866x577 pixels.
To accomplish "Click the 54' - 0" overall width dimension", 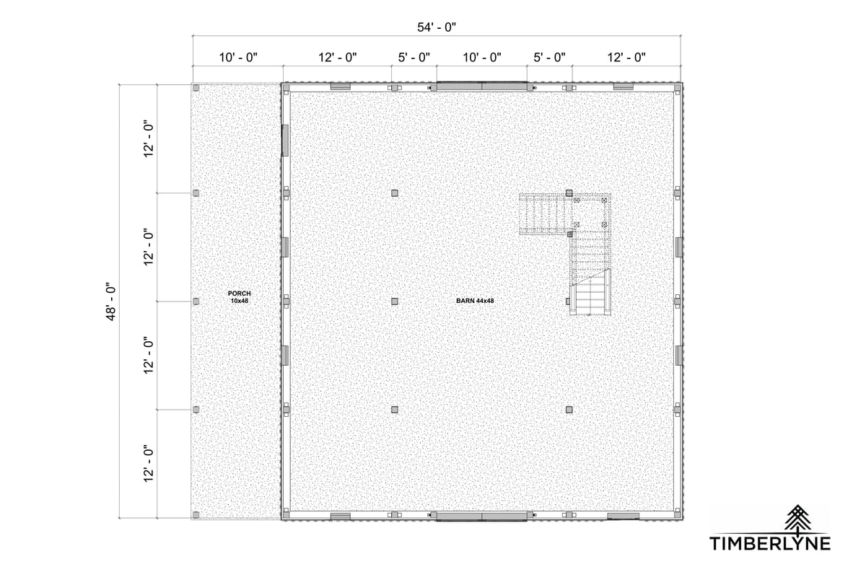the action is pyautogui.click(x=437, y=27).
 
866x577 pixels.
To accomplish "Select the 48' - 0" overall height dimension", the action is pyautogui.click(x=111, y=303).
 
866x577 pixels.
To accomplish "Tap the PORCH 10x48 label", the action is pyautogui.click(x=240, y=297).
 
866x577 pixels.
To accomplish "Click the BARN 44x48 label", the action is pyautogui.click(x=475, y=301).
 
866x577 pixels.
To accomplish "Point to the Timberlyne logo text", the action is pyautogui.click(x=770, y=543).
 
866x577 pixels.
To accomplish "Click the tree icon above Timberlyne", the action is pyautogui.click(x=797, y=518).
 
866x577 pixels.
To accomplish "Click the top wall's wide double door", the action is pyautogui.click(x=482, y=86).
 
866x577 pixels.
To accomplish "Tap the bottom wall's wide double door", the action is pyautogui.click(x=482, y=516).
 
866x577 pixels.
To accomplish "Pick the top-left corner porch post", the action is pyautogui.click(x=196, y=88).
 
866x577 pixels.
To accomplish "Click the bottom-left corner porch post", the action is pyautogui.click(x=196, y=515).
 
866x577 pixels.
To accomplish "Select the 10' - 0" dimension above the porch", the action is pyautogui.click(x=238, y=58).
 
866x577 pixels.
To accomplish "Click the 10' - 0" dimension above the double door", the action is pyautogui.click(x=482, y=58).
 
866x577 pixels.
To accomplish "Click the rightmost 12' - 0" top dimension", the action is pyautogui.click(x=626, y=58).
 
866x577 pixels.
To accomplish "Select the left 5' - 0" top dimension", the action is pyautogui.click(x=414, y=58).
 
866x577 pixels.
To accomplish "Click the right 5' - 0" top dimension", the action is pyautogui.click(x=549, y=58).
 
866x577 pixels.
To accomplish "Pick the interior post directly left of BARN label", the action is pyautogui.click(x=394, y=301).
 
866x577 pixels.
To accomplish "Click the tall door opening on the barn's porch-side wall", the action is pyautogui.click(x=285, y=141).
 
